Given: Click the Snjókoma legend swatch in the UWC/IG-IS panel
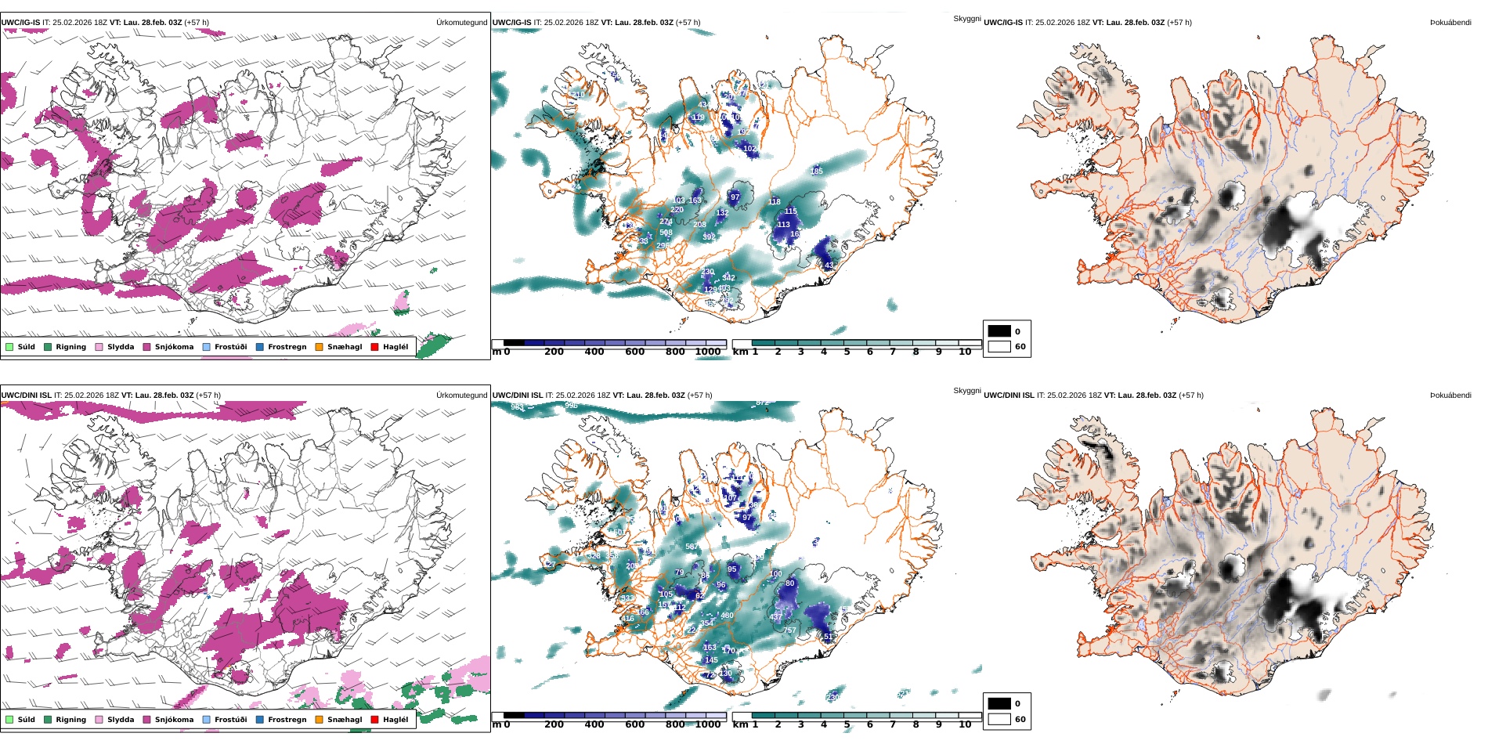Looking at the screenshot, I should click(146, 347).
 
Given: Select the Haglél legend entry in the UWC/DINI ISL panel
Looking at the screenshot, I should click(395, 720).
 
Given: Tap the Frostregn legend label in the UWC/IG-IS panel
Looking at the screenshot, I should click(287, 347).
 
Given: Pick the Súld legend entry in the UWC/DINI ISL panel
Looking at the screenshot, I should click(26, 720).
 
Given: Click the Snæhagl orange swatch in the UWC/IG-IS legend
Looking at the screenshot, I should click(319, 347).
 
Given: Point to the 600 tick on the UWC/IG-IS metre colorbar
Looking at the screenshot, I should click(634, 352).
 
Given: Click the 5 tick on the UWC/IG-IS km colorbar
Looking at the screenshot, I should click(847, 352).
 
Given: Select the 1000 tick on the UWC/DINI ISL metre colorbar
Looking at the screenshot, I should click(707, 724).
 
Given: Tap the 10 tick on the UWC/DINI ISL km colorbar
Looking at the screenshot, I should click(965, 724).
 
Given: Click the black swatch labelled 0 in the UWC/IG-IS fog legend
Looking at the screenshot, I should click(999, 331).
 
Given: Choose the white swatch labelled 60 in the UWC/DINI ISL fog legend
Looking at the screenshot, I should click(999, 719).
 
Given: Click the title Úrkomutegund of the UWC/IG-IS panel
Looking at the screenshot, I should click(461, 23).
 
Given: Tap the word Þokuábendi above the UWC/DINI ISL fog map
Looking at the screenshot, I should click(1450, 395).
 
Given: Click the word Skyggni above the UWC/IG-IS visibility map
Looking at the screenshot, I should click(967, 18).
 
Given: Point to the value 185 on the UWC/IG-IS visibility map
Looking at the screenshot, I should click(816, 171).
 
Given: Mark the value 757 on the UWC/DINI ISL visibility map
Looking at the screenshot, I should click(789, 630).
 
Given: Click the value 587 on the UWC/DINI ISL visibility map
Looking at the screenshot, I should click(692, 547).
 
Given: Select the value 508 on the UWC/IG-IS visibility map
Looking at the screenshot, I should click(666, 233).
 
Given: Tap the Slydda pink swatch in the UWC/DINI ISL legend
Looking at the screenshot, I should click(99, 720).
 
